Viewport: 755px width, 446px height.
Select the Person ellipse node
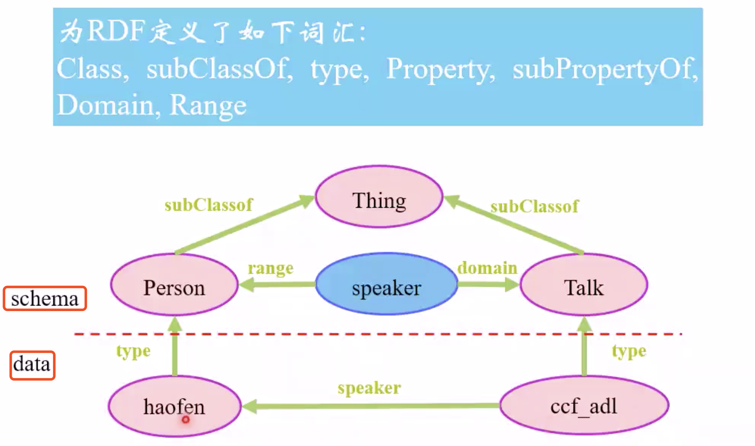click(174, 285)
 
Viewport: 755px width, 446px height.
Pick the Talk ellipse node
click(584, 285)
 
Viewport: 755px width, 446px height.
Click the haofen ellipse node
click(174, 406)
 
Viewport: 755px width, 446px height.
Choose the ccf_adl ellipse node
click(584, 406)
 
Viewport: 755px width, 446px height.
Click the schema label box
click(45, 299)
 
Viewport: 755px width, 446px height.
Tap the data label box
click(32, 365)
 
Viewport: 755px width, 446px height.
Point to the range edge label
click(270, 268)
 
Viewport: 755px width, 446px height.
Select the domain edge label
click(487, 268)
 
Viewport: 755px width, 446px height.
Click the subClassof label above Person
click(209, 205)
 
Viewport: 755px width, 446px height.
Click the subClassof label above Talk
click(534, 207)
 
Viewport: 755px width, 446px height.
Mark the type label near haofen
click(133, 351)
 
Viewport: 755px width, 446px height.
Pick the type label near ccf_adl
click(629, 351)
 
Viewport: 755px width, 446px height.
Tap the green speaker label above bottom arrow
click(369, 388)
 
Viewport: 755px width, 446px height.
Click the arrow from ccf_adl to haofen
click(371, 406)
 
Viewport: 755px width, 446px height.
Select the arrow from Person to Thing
click(244, 225)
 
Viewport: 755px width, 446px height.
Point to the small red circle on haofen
click(186, 419)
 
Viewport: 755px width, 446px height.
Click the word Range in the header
click(208, 105)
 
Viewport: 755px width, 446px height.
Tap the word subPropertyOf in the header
click(605, 69)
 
